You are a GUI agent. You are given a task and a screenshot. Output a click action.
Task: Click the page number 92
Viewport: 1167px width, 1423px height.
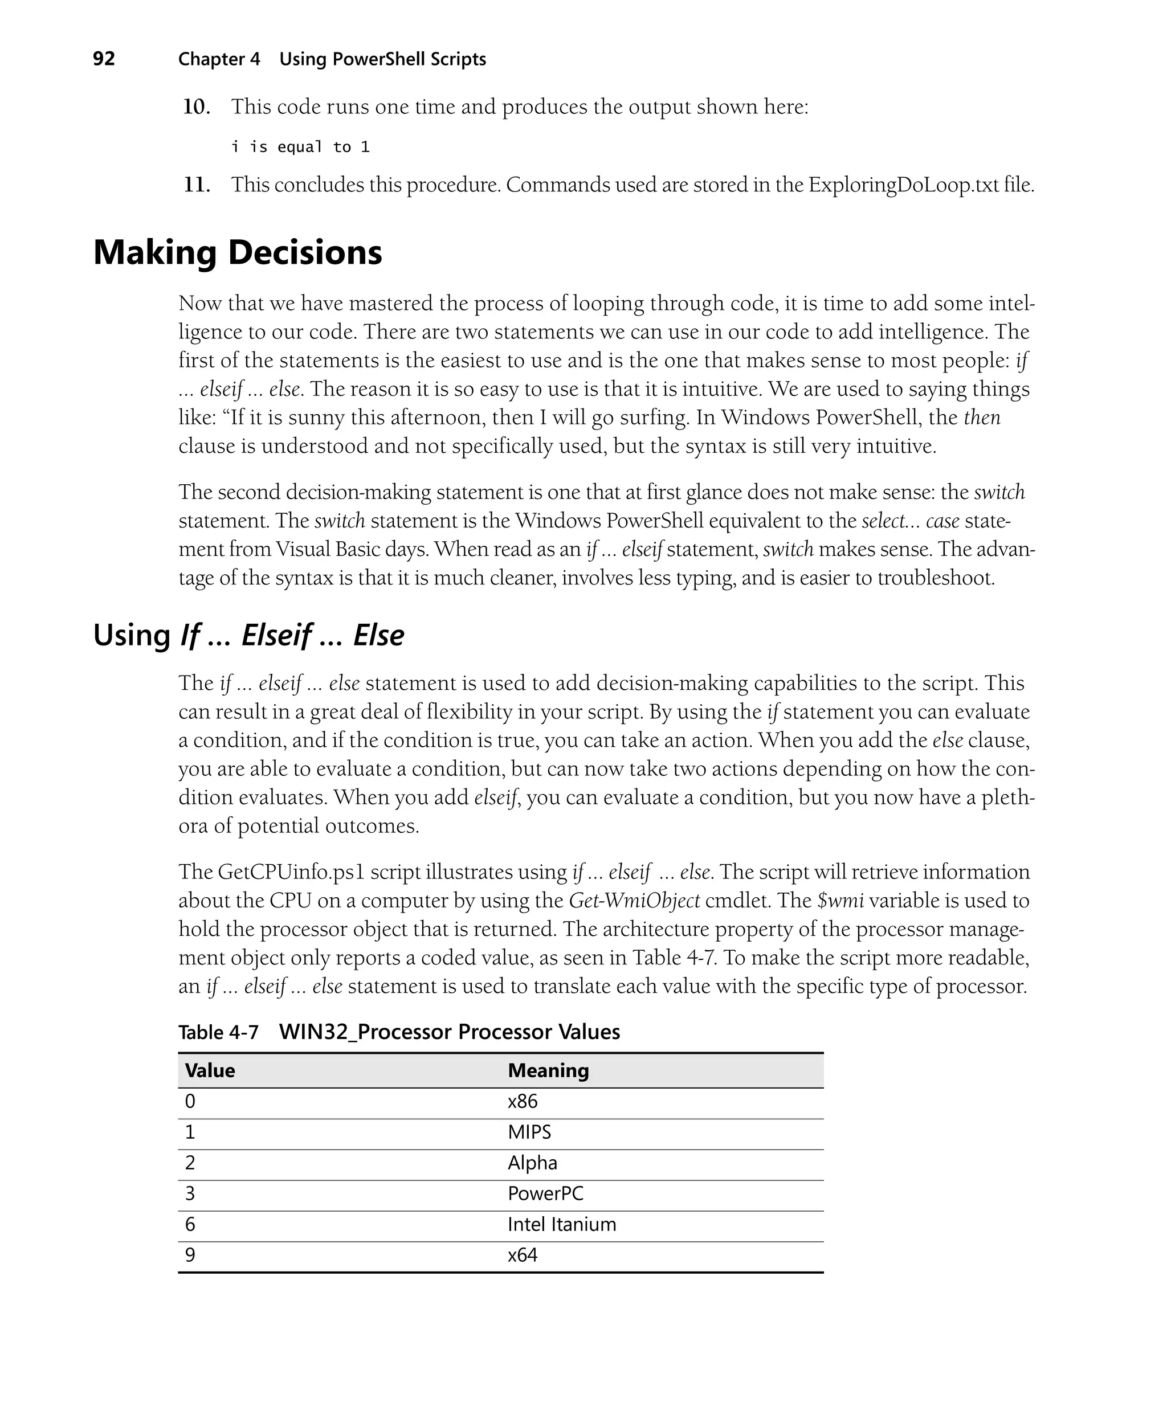(104, 59)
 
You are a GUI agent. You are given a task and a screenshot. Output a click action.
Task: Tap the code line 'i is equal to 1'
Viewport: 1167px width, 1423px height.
(300, 147)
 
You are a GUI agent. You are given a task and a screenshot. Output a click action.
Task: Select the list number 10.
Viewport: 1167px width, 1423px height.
(196, 107)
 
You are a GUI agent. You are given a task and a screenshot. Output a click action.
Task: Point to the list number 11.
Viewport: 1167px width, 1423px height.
(196, 185)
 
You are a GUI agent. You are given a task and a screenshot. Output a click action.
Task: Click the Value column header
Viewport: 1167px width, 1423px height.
(210, 1070)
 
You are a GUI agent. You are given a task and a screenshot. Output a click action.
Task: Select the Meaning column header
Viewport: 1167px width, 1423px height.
(548, 1070)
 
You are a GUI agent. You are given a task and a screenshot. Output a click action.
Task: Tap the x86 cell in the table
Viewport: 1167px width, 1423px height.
(523, 1102)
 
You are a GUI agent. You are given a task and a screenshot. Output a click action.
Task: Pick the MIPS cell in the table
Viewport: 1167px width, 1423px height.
(529, 1132)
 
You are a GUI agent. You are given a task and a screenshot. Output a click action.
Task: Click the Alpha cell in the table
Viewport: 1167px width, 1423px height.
(532, 1163)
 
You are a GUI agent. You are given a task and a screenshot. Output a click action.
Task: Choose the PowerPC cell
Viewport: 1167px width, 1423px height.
(545, 1194)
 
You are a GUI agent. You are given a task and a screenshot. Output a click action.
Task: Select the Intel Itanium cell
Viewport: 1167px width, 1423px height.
(561, 1225)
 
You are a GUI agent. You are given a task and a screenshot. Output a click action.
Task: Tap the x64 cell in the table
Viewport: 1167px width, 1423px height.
(523, 1255)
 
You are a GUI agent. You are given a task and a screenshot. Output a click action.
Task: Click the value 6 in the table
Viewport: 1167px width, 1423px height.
(190, 1225)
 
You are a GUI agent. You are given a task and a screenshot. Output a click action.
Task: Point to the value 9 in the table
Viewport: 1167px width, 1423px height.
(190, 1255)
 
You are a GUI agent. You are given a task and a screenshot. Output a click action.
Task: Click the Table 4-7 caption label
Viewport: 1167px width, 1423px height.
(218, 1032)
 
